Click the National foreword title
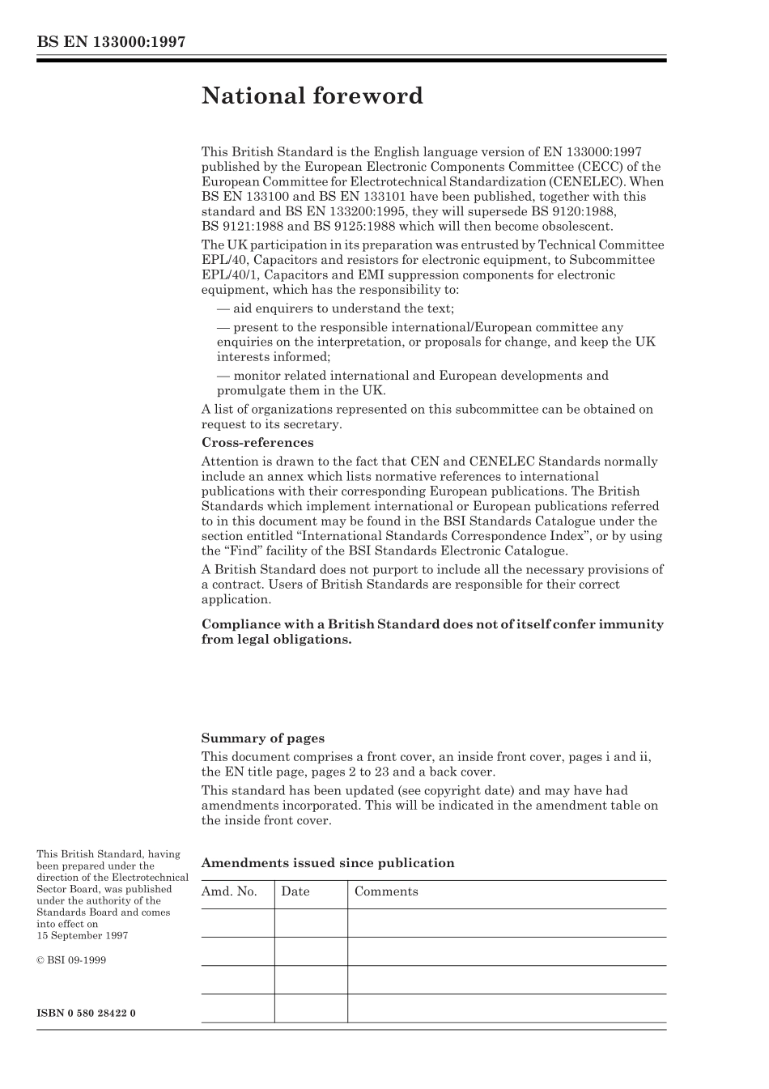312,96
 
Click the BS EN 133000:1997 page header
111,42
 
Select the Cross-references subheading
257,443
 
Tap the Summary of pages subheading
262,738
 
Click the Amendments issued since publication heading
327,863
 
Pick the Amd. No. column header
229,891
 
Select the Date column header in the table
295,891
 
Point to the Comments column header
386,891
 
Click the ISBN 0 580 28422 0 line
87,1013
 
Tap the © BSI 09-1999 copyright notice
71,960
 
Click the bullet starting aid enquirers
335,308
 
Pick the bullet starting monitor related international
412,376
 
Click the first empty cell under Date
310,923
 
